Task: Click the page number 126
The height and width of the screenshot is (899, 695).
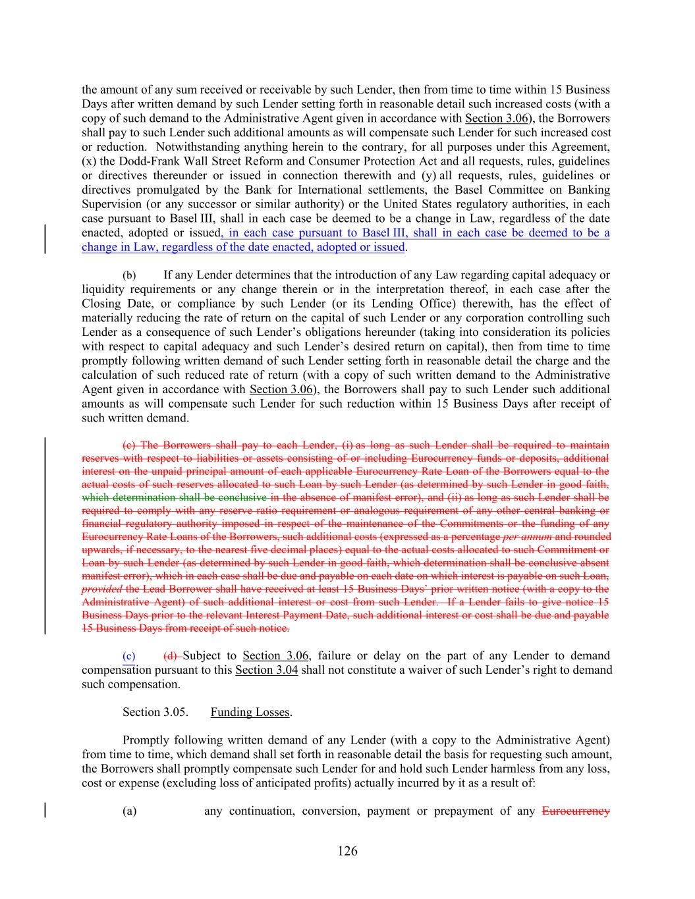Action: (347, 851)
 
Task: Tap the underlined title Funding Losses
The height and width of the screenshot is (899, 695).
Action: (250, 713)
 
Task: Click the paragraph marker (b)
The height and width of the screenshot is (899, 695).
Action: (129, 275)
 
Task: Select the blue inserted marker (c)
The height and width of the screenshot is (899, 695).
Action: (129, 656)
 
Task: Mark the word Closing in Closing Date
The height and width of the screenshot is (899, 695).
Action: (101, 304)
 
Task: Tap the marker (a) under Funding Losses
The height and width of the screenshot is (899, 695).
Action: (130, 811)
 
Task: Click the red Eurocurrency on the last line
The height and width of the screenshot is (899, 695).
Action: (575, 811)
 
